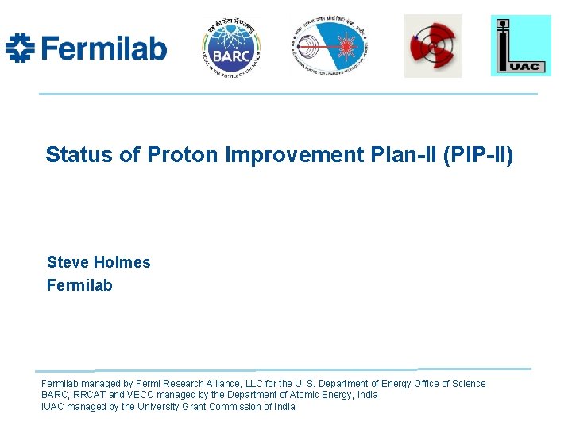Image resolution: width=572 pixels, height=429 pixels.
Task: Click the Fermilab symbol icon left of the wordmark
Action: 20,48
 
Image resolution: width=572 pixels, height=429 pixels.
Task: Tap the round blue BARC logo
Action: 231,47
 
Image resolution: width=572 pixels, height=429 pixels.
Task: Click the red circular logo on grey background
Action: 432,46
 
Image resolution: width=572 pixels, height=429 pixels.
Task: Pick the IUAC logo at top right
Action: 520,45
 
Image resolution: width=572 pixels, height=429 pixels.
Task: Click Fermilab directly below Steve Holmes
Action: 79,285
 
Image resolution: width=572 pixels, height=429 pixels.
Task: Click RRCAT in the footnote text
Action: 89,395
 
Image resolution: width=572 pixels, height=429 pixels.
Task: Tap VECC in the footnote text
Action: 138,395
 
